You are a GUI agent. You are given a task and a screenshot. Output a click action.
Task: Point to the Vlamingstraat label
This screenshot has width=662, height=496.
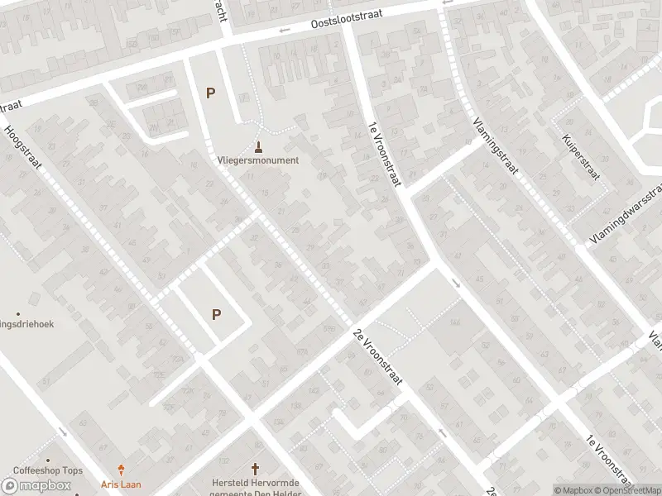coord(496,145)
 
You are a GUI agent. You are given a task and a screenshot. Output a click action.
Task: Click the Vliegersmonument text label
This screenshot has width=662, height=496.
coord(258,160)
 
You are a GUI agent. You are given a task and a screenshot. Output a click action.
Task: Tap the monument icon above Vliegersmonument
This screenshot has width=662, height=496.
coord(259,147)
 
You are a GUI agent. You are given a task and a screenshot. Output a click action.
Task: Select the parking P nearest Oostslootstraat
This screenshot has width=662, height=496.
coord(210,93)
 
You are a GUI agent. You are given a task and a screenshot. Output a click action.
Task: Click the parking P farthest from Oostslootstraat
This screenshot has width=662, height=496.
coord(217,314)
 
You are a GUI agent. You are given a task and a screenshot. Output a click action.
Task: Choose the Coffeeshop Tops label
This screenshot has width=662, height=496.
coord(48,470)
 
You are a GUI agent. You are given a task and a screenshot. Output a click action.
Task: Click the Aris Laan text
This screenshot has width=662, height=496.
coord(122,483)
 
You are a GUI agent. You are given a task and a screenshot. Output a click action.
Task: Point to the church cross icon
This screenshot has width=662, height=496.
coord(255,468)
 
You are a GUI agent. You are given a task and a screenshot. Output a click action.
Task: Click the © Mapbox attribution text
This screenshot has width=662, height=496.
coord(573,490)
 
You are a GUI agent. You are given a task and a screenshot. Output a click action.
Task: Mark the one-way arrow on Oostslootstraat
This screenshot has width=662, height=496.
coord(285,31)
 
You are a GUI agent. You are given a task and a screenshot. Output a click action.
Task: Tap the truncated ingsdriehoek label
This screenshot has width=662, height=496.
coord(26,324)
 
